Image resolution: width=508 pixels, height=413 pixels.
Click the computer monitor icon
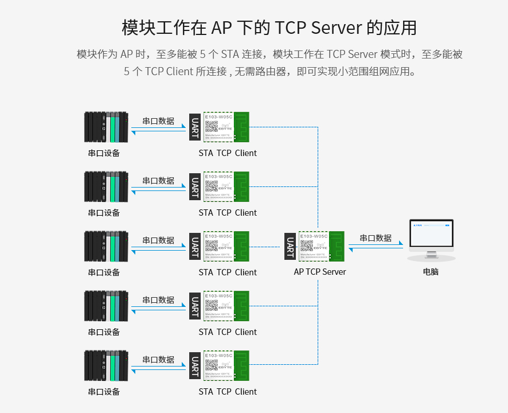click(x=431, y=240)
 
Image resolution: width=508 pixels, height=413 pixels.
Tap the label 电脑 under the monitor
click(x=431, y=272)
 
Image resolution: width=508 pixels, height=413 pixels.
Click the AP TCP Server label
click(x=320, y=272)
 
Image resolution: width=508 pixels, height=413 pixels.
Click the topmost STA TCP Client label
click(x=228, y=153)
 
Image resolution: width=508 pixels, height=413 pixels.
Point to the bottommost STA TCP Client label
click(x=228, y=392)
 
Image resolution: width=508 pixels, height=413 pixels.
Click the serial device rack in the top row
click(x=105, y=127)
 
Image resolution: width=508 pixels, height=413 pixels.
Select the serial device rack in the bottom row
click(x=105, y=365)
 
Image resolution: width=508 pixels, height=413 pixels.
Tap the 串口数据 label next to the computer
click(x=376, y=238)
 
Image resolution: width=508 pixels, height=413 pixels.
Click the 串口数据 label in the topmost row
click(x=158, y=121)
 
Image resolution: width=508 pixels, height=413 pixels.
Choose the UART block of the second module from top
click(x=196, y=186)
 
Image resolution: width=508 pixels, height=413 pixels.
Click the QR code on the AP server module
click(x=307, y=246)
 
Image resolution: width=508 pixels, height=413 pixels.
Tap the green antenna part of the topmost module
click(x=242, y=127)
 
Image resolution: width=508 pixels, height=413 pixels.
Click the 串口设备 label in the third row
click(x=104, y=272)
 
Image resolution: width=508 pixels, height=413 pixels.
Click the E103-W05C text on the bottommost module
click(x=218, y=356)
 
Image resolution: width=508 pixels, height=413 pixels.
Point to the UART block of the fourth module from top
click(x=196, y=306)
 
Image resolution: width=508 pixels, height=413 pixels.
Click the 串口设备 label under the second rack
click(x=104, y=213)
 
